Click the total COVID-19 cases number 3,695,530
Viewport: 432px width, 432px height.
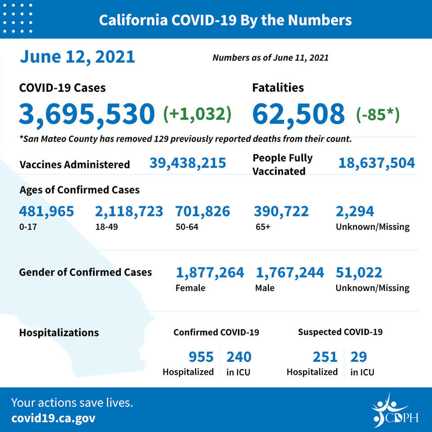(87, 114)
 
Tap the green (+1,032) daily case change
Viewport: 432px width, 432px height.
(197, 114)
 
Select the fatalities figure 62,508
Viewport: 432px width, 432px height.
(298, 114)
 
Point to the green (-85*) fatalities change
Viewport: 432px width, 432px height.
(378, 114)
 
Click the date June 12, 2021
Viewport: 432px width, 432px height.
(77, 57)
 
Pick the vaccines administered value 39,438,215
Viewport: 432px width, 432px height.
(188, 163)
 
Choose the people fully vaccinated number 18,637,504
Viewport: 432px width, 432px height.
(377, 163)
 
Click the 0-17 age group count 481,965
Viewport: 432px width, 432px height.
(46, 211)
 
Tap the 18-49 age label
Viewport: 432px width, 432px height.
(107, 227)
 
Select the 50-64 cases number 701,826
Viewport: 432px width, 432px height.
(203, 211)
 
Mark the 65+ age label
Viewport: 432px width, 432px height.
(263, 227)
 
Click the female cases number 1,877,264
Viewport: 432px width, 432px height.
(210, 273)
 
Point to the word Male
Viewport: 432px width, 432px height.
(265, 288)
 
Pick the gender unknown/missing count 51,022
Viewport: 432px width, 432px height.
(359, 273)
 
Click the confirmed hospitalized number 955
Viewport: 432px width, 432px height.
(201, 357)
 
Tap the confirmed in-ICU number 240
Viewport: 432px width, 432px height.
(239, 357)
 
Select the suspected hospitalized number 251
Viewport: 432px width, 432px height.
(325, 357)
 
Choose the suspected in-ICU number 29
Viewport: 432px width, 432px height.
(359, 357)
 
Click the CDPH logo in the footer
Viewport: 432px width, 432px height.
(395, 411)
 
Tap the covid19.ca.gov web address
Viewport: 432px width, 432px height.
(54, 418)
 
